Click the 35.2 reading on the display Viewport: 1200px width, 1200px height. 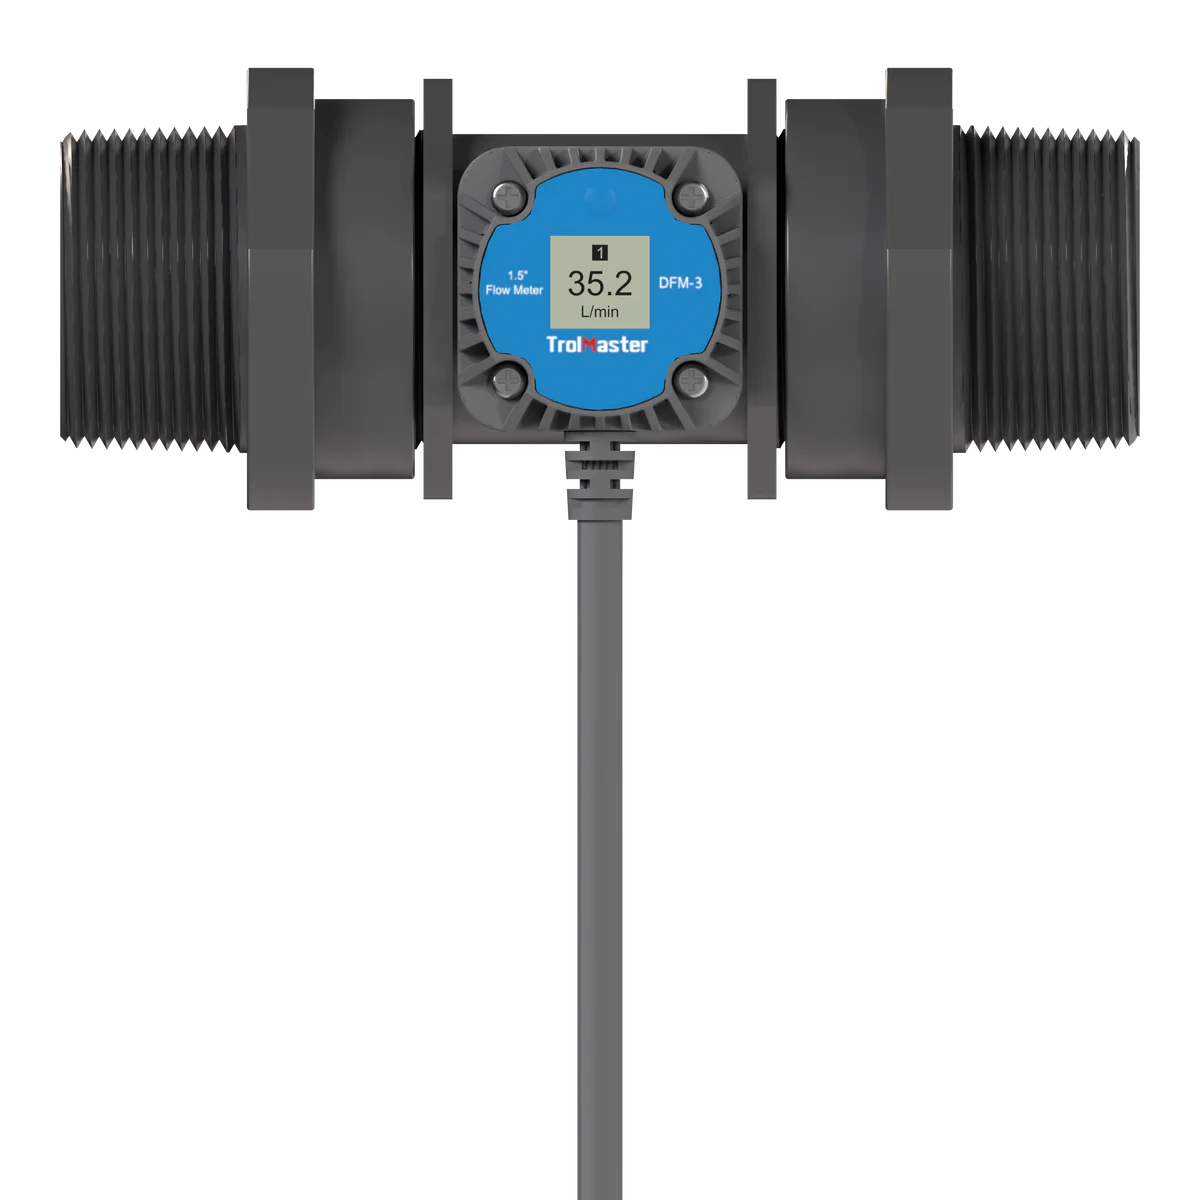600,284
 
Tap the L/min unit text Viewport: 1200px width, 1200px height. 600,313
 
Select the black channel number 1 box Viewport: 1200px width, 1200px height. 600,252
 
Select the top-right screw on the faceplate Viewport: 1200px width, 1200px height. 689,196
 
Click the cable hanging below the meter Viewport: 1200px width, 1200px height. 600,800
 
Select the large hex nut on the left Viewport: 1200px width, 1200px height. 278,290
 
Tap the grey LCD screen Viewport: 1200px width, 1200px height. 600,284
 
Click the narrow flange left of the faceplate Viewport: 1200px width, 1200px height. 436,290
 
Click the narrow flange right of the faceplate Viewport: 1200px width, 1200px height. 764,290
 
